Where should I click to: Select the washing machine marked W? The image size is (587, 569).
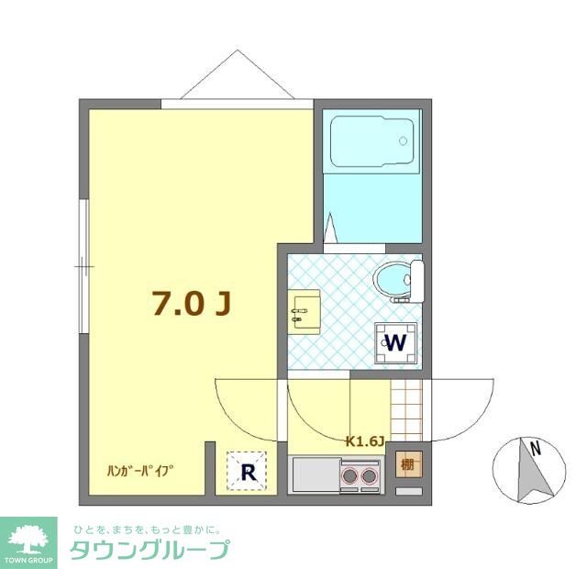396,343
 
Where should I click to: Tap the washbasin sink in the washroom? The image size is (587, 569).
304,311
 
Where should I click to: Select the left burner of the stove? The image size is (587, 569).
350,476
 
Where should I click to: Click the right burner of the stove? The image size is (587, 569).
369,476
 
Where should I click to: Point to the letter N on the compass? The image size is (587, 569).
533,450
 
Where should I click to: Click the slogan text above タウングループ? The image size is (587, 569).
147,529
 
